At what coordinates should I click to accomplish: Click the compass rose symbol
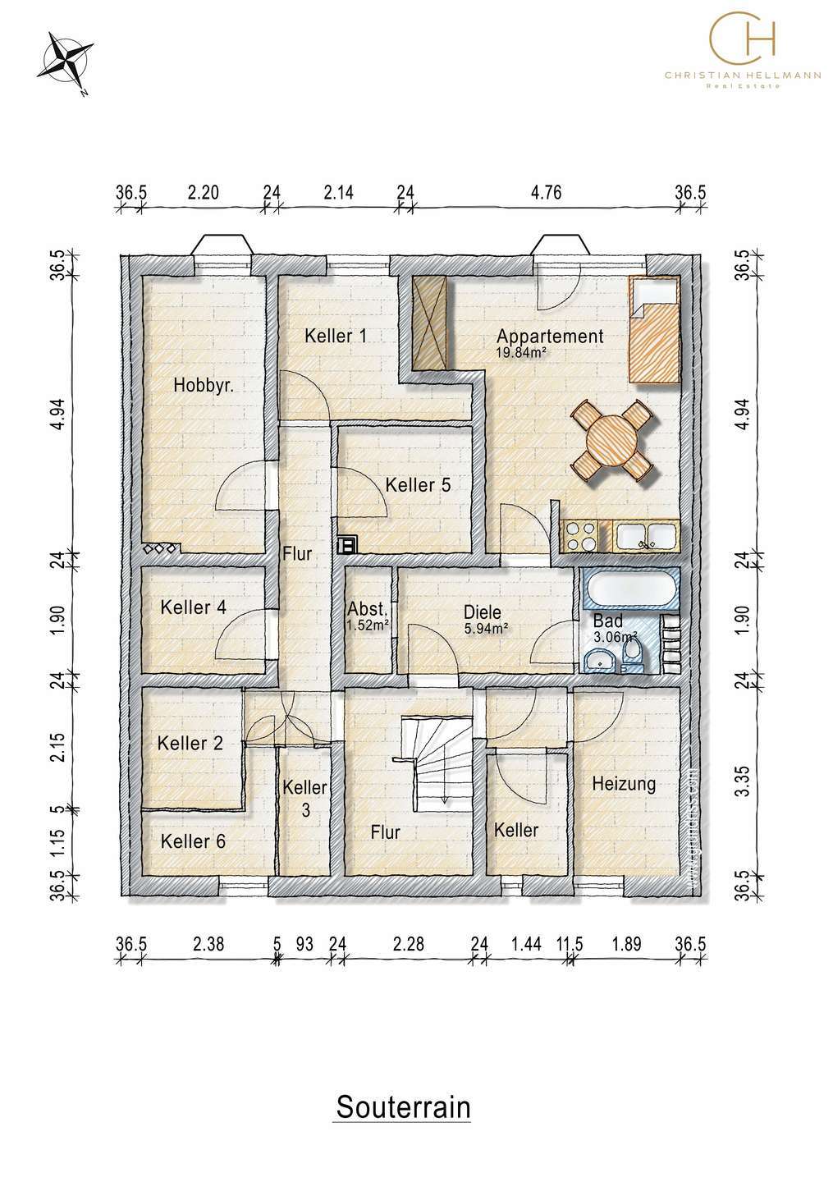click(66, 62)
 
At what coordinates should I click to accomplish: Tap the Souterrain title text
click(403, 1106)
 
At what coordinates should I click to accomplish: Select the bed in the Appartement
click(653, 330)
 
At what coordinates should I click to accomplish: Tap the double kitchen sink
click(646, 536)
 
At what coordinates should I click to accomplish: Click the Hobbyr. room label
click(203, 386)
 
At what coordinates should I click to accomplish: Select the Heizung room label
click(624, 784)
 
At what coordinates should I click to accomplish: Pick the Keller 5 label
click(418, 485)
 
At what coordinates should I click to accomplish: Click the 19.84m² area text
click(520, 352)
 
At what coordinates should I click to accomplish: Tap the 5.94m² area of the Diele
click(486, 628)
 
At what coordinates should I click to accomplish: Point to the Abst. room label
click(368, 609)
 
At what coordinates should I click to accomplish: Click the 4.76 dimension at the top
click(546, 193)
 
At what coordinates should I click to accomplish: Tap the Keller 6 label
click(193, 841)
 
